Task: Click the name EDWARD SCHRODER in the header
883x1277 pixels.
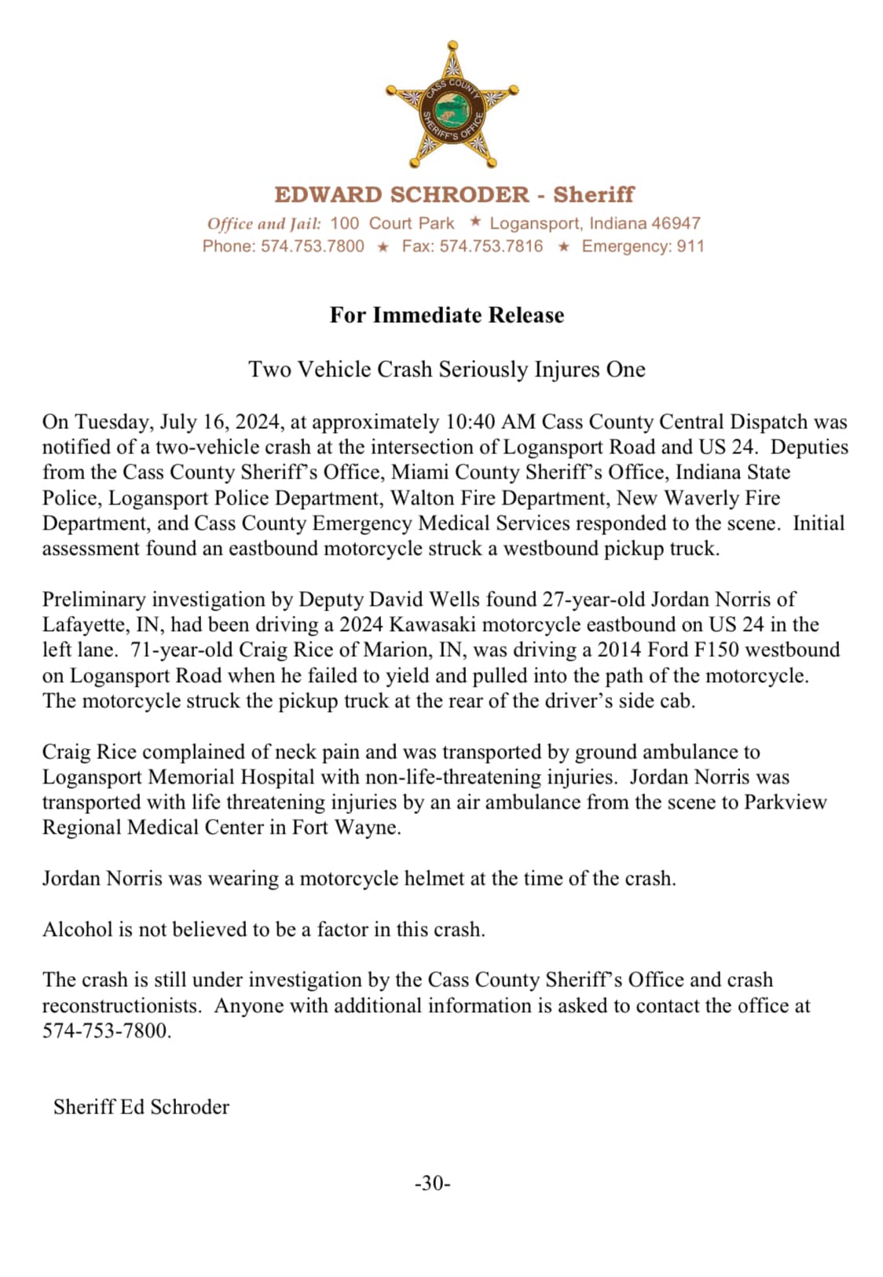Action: point(401,195)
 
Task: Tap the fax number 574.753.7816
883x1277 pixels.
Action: point(491,247)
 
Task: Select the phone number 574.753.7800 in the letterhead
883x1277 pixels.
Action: point(313,247)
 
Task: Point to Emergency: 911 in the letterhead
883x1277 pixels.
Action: point(643,247)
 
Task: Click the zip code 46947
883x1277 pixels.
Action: point(676,223)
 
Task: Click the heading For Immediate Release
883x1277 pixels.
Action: point(446,315)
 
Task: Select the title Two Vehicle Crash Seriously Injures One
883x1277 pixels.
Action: point(446,369)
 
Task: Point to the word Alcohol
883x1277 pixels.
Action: point(78,930)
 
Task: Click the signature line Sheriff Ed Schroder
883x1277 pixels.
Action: point(141,1107)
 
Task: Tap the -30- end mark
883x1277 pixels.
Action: point(432,1183)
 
